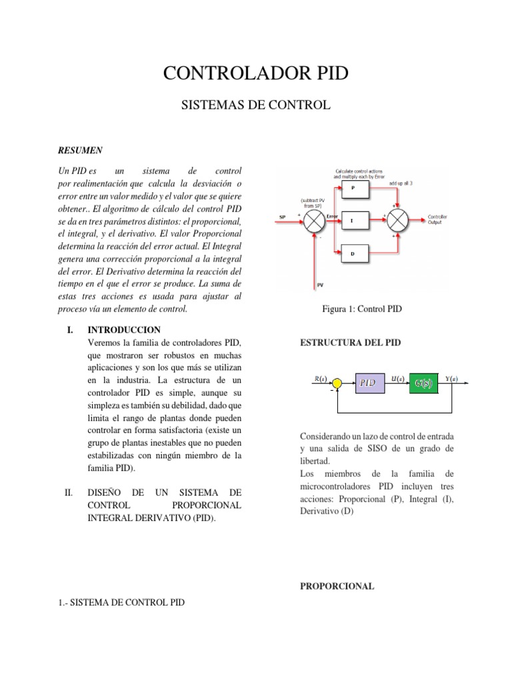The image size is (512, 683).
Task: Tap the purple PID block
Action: [x=369, y=383]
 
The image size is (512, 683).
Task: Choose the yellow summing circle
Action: [x=337, y=383]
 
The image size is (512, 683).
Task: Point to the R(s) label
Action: [x=321, y=378]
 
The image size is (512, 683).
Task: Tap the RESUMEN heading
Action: [x=79, y=150]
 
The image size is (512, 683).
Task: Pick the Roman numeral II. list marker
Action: [x=69, y=493]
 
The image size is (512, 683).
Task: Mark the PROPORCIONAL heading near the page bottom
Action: [x=337, y=586]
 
